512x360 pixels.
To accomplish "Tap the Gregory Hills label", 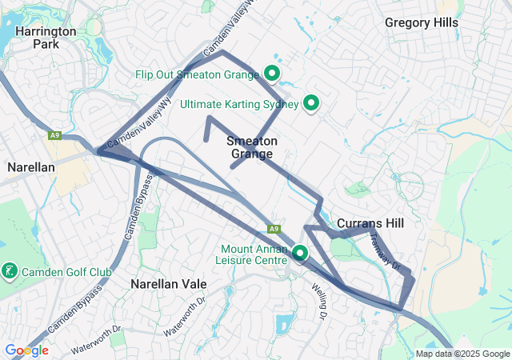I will (422, 22).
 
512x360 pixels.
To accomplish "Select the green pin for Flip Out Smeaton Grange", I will (271, 74).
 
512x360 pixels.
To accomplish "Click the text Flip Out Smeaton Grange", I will (197, 75).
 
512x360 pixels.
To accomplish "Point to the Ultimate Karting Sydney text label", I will (239, 104).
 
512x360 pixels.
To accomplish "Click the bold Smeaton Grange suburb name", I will (252, 147).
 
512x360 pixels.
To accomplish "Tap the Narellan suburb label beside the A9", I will (30, 167).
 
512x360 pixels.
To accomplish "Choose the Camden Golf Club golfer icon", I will (10, 272).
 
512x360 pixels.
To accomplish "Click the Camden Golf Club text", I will (66, 273).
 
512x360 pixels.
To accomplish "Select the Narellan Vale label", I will (168, 284).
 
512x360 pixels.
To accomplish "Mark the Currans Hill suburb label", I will (370, 222).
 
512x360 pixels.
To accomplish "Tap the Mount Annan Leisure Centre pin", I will (301, 253).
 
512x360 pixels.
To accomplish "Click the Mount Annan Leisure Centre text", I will (253, 254).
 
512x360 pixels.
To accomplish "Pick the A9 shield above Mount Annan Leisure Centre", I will (273, 227).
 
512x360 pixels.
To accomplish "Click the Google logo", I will (26, 350).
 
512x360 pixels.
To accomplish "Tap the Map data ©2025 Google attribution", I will (462, 354).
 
